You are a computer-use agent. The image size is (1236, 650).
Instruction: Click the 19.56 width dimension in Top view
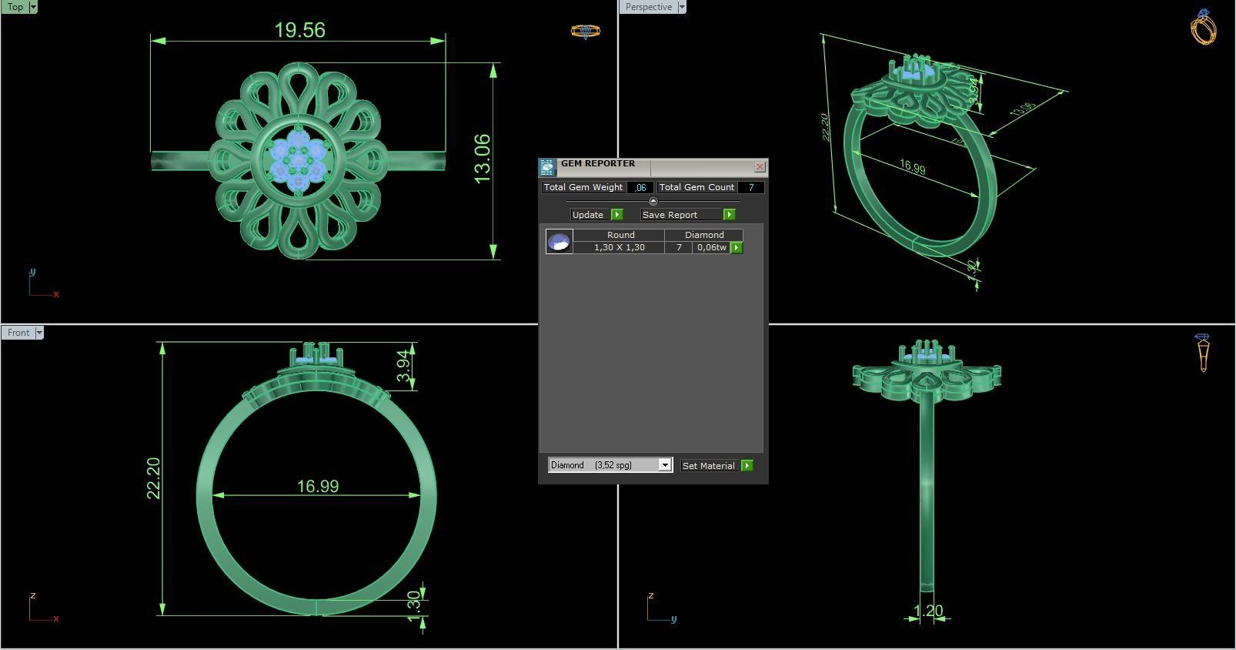pos(299,30)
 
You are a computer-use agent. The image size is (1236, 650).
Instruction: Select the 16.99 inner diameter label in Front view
pos(318,486)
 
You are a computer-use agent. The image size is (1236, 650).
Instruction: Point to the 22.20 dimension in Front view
pos(153,477)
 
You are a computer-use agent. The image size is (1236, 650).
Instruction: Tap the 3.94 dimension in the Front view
pos(403,366)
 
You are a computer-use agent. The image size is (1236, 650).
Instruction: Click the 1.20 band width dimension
pos(927,611)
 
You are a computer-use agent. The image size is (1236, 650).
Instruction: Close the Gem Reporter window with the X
pos(760,166)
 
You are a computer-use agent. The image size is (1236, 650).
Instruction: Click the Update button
pos(589,215)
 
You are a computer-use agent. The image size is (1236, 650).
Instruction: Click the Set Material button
pos(709,466)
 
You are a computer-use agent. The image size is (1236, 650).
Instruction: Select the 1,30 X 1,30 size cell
pos(619,247)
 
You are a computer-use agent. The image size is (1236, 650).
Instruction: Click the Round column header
pos(620,235)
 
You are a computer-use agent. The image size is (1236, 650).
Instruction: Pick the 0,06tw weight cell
pos(711,247)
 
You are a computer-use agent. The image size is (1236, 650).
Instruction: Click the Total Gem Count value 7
pos(750,187)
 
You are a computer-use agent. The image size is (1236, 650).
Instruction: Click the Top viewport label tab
pos(15,7)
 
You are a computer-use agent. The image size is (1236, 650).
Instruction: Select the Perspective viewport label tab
pos(648,7)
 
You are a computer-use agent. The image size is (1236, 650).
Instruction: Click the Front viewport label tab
pos(18,333)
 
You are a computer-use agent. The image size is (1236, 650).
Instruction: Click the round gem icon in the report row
pos(559,242)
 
